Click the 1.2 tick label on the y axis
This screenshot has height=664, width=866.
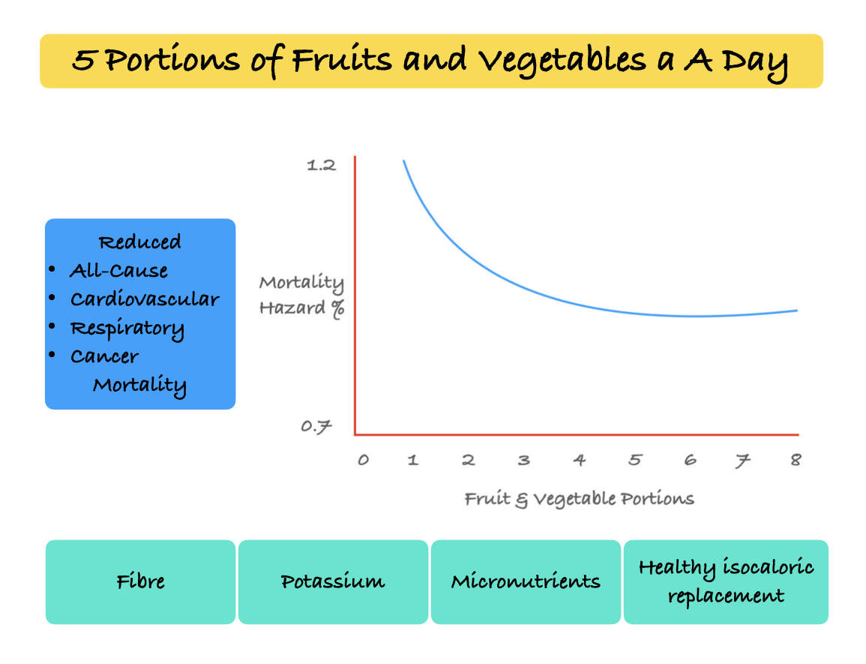322,165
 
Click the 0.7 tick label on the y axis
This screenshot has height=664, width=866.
316,427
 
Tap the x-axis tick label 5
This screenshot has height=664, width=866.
635,460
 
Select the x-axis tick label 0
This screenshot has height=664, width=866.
363,460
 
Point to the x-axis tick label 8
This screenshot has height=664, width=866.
796,459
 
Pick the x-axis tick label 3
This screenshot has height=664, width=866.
523,460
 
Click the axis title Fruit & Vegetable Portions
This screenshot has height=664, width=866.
579,499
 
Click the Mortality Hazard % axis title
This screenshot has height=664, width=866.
302,296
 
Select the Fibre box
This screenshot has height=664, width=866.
140,582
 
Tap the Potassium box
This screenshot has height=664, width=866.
333,582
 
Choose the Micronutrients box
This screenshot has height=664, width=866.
526,582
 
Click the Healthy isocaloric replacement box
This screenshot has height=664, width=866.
726,582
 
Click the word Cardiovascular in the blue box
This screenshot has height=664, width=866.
145,299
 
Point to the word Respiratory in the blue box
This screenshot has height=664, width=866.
127,329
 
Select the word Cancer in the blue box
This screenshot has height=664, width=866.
104,356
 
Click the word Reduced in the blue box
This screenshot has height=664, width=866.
139,242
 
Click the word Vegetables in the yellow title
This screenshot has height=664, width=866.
562,61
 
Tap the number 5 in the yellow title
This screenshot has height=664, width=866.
83,60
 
